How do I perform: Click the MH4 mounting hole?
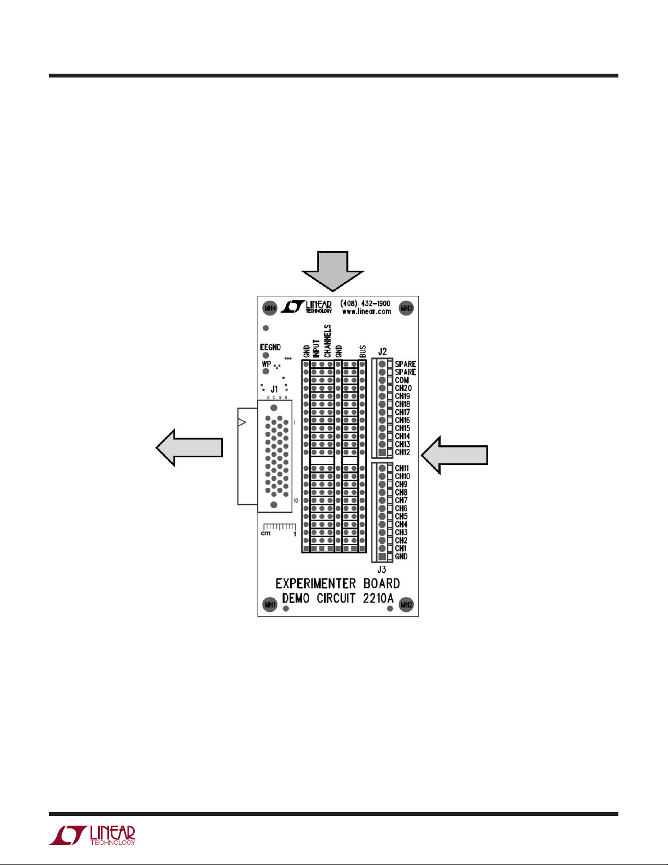270,308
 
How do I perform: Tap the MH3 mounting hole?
407,308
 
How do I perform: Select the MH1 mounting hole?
270,605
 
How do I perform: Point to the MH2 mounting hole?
406,605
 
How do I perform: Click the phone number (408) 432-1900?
365,303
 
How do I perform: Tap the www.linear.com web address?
366,312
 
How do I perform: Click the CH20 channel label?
403,388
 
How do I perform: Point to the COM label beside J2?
402,380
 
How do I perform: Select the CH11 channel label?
402,468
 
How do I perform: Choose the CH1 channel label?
401,548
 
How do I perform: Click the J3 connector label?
382,570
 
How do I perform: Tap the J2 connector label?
382,352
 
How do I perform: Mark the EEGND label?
270,347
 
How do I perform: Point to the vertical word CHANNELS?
328,341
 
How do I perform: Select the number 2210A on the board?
378,598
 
